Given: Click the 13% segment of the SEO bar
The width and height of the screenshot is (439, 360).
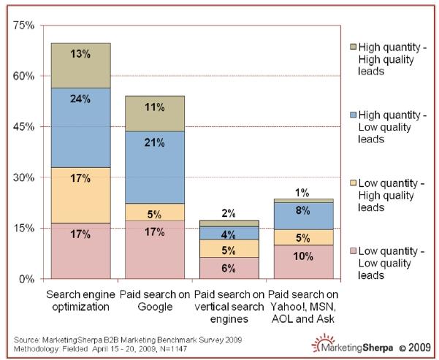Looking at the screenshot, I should [x=80, y=65].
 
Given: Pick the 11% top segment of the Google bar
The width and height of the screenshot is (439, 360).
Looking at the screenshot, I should [x=155, y=113].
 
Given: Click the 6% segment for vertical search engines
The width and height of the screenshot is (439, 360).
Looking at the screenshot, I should [x=229, y=267].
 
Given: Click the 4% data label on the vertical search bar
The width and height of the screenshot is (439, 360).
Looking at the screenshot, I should [x=229, y=234].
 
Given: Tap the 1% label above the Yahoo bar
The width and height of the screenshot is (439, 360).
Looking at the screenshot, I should [x=303, y=193].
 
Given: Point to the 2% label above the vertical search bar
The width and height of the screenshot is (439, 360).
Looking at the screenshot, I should [x=229, y=213].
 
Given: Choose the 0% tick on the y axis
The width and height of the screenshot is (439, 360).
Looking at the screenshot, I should [x=27, y=279].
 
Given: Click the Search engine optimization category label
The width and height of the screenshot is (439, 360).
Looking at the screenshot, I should [x=80, y=300].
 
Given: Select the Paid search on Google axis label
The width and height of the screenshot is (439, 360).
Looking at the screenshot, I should [x=155, y=300].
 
